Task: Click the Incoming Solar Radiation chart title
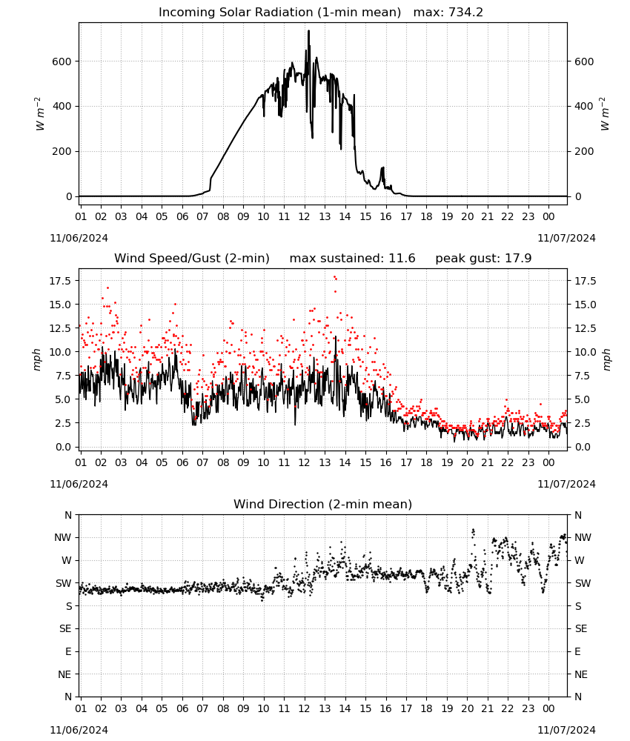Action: (279, 13)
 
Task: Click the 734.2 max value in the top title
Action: (465, 13)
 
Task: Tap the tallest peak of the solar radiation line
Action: (308, 31)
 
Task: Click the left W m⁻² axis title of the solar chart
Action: (40, 114)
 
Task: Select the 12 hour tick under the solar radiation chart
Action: (304, 217)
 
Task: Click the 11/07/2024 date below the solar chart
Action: (566, 238)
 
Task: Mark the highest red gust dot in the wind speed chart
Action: (334, 277)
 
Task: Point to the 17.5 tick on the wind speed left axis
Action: (60, 281)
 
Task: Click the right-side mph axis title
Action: (606, 360)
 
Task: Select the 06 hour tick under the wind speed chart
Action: (182, 462)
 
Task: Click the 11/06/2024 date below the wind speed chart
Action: (79, 484)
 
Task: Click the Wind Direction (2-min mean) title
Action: (323, 504)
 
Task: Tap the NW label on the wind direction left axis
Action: (63, 538)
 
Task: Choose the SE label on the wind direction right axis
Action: (581, 629)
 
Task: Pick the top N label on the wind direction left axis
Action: (68, 515)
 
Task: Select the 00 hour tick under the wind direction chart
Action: (548, 709)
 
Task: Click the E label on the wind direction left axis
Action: (68, 651)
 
